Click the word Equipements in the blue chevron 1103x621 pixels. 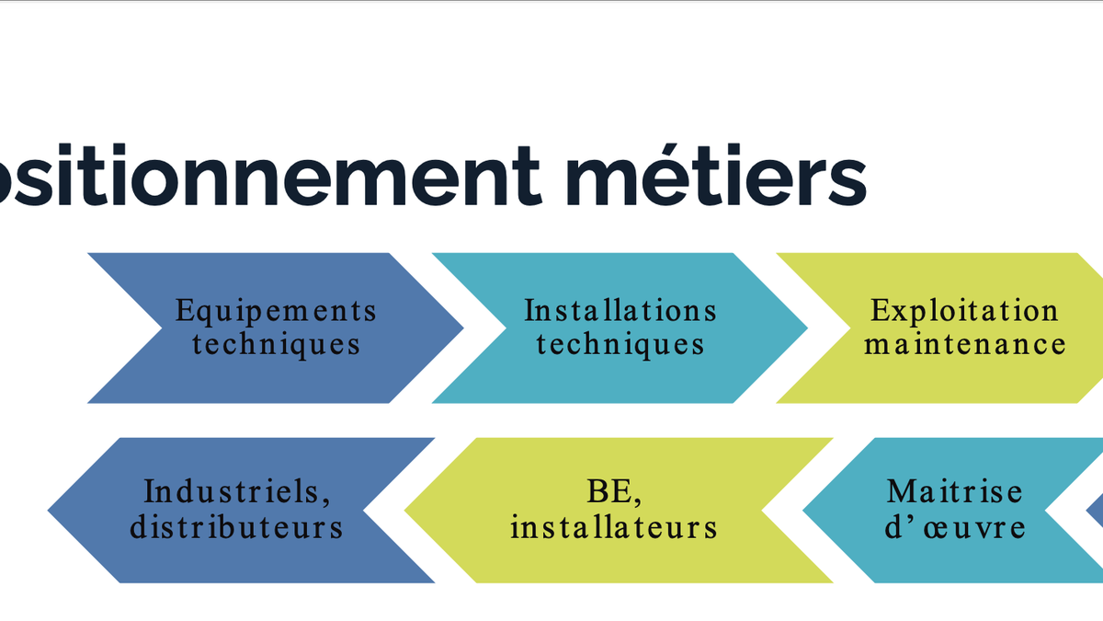[x=276, y=311]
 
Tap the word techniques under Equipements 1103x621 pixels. [x=276, y=345]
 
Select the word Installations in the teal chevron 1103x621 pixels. [x=620, y=311]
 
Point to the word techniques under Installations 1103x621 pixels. [x=620, y=345]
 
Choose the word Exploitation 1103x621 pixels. [x=964, y=311]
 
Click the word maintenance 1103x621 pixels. [x=964, y=345]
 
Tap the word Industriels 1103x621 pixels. [x=236, y=492]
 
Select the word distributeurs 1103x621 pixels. [x=236, y=528]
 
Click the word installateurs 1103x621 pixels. [x=613, y=528]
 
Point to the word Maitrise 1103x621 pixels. [x=954, y=491]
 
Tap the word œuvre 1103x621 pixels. [x=979, y=528]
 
